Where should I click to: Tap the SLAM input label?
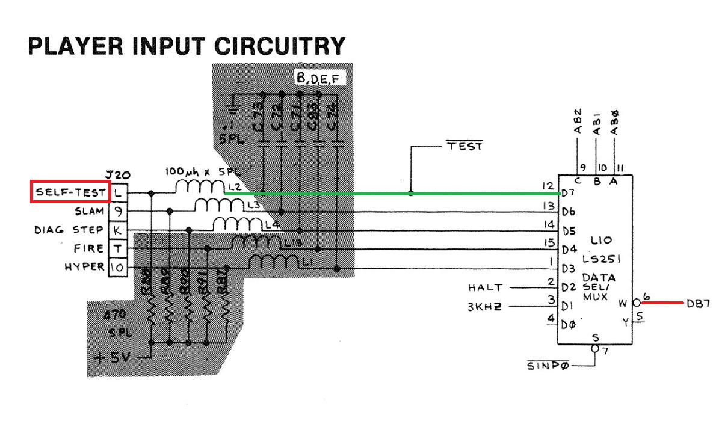90,211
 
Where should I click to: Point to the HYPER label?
84,266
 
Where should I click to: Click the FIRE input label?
88,248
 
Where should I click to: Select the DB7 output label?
699,304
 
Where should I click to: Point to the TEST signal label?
464,146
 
